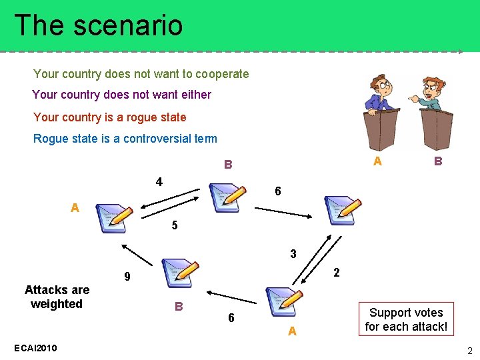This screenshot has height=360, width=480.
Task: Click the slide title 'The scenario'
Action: click(x=98, y=25)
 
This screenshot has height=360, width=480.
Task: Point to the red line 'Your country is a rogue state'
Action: click(x=109, y=117)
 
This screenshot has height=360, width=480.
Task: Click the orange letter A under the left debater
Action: click(x=377, y=161)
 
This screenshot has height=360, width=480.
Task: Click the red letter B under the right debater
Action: click(x=437, y=161)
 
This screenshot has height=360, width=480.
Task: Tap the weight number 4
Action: click(x=159, y=182)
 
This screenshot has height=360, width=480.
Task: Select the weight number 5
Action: click(x=175, y=225)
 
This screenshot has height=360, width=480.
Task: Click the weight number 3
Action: click(x=293, y=253)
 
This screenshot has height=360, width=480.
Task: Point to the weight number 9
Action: click(x=127, y=277)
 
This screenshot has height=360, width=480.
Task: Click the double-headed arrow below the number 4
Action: click(x=169, y=198)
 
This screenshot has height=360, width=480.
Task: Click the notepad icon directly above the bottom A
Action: click(x=284, y=301)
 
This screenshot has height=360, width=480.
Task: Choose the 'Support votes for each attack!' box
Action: click(x=406, y=319)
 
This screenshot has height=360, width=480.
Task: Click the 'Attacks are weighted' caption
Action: click(x=57, y=297)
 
